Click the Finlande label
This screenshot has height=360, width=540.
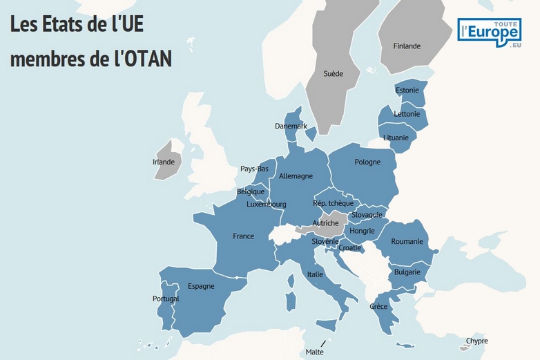(x=407, y=46)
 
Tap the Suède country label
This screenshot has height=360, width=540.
(x=333, y=74)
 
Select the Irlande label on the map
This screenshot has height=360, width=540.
(x=164, y=162)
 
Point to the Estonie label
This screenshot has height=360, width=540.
(x=407, y=91)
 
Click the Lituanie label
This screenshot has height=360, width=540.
(x=396, y=138)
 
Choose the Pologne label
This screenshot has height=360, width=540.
(x=367, y=162)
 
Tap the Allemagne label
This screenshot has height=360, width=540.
(x=296, y=176)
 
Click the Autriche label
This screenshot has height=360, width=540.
(x=325, y=223)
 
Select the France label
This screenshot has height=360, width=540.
(x=243, y=236)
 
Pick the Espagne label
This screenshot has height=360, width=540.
(x=201, y=286)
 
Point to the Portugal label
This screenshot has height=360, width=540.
(x=166, y=299)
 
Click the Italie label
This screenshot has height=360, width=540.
(x=315, y=274)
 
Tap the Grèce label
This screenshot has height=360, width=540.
(x=378, y=306)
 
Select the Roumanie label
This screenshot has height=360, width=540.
(x=407, y=242)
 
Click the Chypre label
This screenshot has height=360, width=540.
(x=476, y=341)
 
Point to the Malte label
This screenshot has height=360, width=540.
(x=314, y=352)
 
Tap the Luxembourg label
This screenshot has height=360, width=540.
(x=267, y=205)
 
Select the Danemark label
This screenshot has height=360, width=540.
(x=291, y=126)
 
